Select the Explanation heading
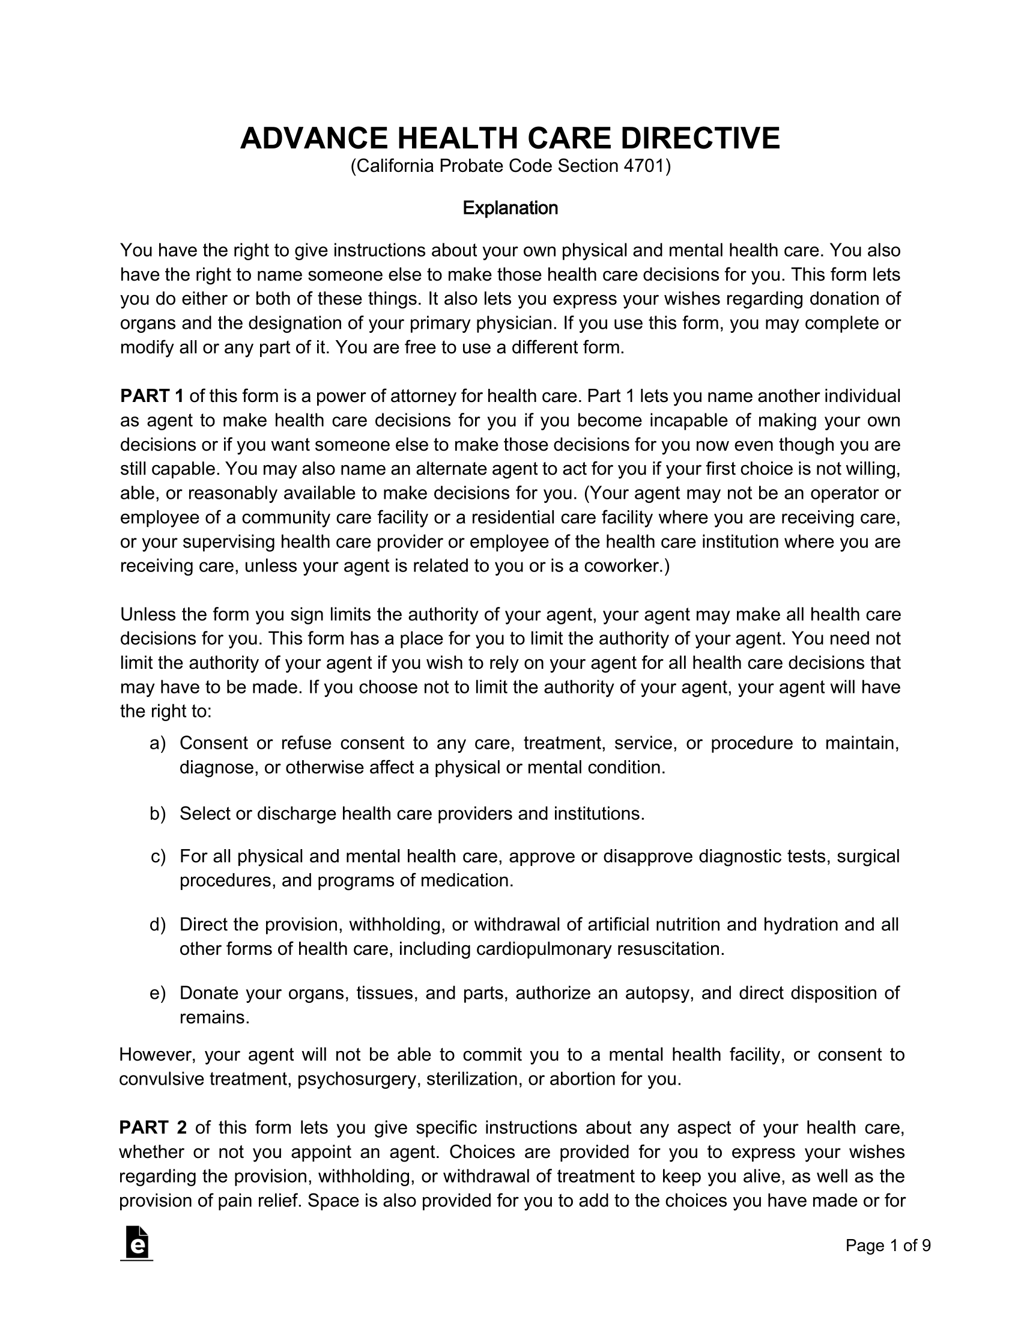510,209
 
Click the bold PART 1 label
152,396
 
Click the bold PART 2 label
153,1128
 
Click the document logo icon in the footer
137,1243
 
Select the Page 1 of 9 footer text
888,1245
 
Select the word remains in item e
213,1017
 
